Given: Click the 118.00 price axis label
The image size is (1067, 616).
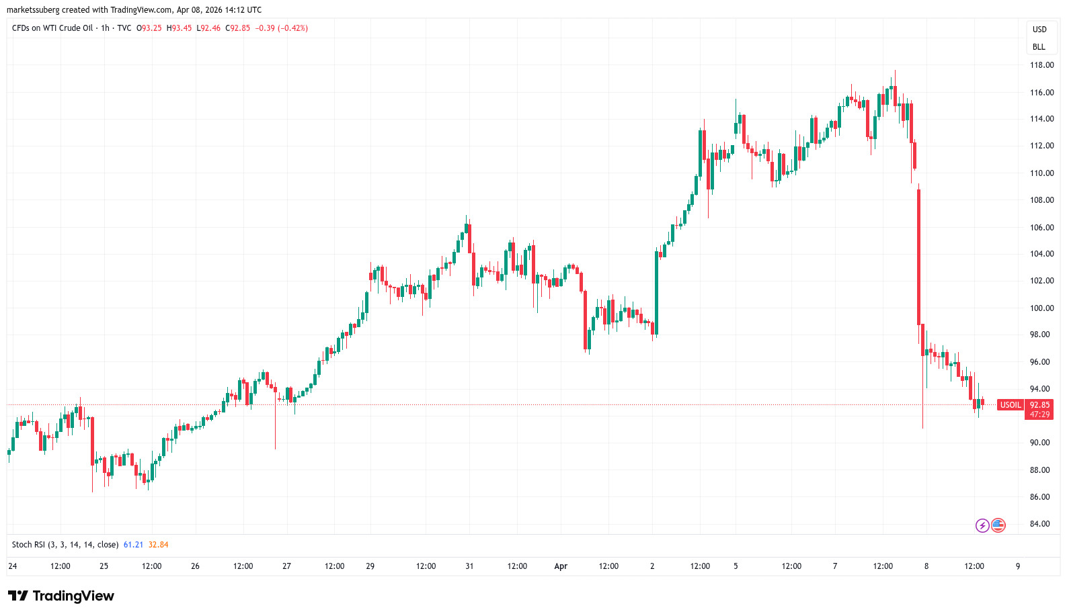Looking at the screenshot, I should (x=1041, y=65).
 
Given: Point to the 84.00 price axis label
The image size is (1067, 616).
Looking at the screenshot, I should (x=1040, y=524).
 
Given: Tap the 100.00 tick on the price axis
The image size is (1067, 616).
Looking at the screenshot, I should (x=1041, y=308).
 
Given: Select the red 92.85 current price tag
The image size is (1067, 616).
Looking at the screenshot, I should (x=1039, y=405).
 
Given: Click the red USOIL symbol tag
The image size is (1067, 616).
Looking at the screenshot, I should (x=1011, y=405).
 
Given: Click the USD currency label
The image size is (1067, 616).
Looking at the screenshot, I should (x=1039, y=30).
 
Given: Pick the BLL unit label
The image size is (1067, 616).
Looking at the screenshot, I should (x=1039, y=47).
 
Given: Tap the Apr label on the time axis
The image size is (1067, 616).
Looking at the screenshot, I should (x=561, y=566).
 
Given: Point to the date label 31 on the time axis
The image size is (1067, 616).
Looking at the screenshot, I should (x=469, y=566).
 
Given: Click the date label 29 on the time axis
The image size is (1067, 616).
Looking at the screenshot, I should (x=370, y=566).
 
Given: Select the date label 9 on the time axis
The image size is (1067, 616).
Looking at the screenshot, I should (x=1018, y=566).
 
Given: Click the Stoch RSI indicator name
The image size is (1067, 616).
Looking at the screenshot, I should (x=65, y=545).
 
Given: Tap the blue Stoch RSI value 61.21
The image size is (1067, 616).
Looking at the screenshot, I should (x=133, y=545).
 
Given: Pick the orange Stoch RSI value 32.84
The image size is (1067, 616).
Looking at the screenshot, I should (x=158, y=545).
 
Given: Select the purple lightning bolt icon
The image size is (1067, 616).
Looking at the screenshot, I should (x=982, y=525).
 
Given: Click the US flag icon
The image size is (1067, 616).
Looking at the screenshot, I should (x=998, y=525).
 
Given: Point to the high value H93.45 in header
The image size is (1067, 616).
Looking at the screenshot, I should (x=180, y=28).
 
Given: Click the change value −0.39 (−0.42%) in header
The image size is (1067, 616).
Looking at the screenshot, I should (x=282, y=28).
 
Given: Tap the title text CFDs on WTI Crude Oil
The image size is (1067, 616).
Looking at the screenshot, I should (x=52, y=28).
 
